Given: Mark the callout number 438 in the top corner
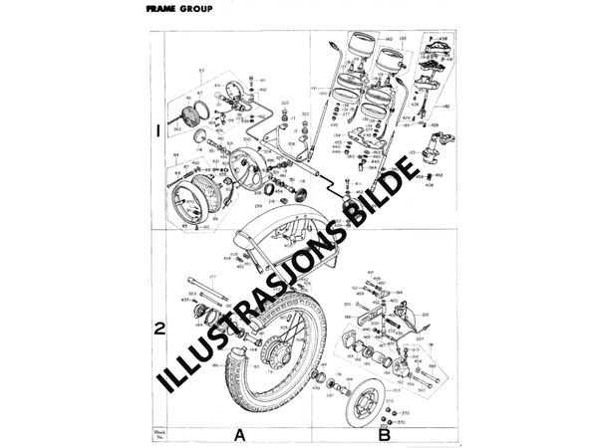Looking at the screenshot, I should pos(443,37).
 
